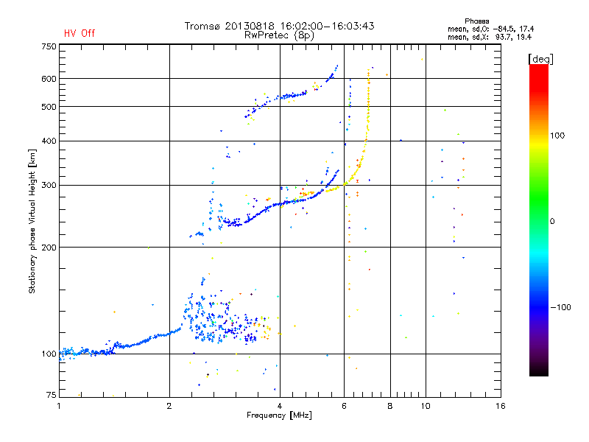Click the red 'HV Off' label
pyautogui.click(x=80, y=33)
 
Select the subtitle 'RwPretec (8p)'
pyautogui.click(x=281, y=35)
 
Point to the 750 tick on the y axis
pyautogui.click(x=49, y=46)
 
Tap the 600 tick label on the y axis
pyautogui.click(x=49, y=78)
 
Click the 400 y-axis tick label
pyautogui.click(x=49, y=141)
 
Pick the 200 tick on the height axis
pyautogui.click(x=49, y=247)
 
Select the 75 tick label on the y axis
pyautogui.click(x=51, y=396)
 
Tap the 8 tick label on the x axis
pyautogui.click(x=390, y=406)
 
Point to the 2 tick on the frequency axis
pyautogui.click(x=169, y=406)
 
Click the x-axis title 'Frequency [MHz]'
pyautogui.click(x=280, y=415)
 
